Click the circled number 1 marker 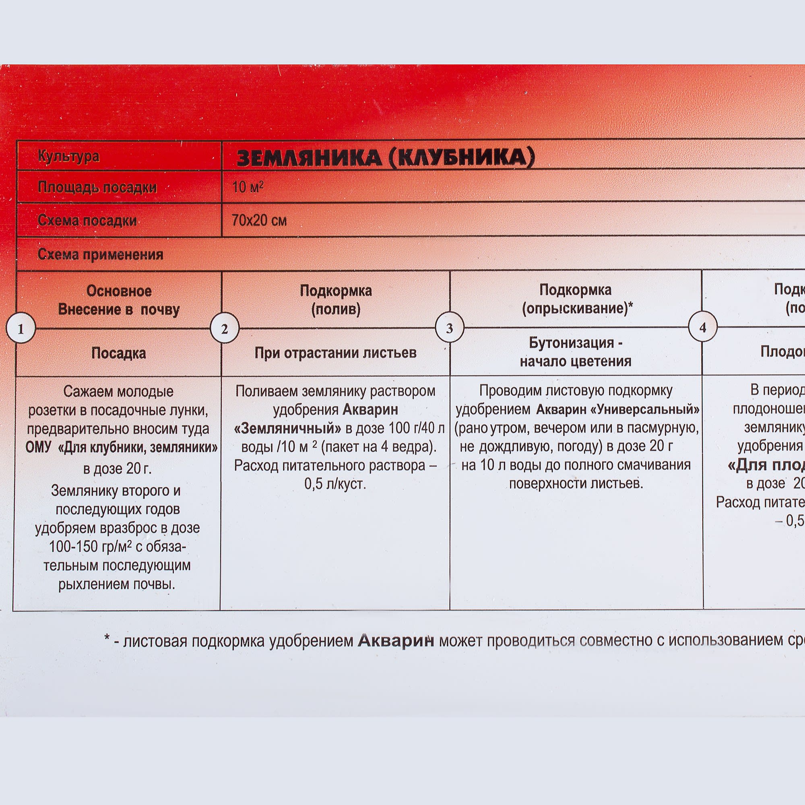pos(21,329)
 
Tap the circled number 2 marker pos(225,329)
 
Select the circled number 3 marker pos(450,328)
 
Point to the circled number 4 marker pos(702,328)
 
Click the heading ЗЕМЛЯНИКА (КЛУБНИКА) pos(386,158)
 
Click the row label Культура pos(69,157)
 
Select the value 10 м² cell pos(248,187)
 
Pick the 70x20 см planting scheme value pos(259,220)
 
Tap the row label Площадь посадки pos(97,188)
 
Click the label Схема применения pos(100,254)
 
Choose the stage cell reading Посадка pos(119,353)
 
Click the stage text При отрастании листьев pos(335,353)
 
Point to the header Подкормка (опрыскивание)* pos(576,299)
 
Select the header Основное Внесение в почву pos(119,300)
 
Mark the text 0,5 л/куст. pos(335,484)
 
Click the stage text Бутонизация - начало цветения pos(576,352)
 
